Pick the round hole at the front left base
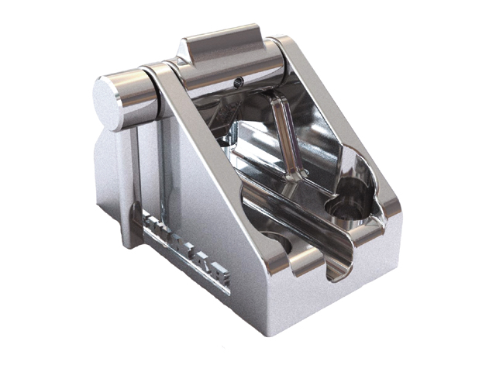(277, 247)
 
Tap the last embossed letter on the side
(221, 279)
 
